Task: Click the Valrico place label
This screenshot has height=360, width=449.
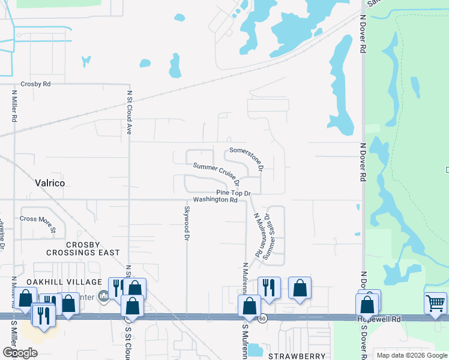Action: pos(50,182)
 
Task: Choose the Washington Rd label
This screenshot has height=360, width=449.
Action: pos(215,200)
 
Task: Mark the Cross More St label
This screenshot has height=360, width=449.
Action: pos(38,224)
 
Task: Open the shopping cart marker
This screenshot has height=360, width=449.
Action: pos(435,302)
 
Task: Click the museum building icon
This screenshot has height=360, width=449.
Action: pos(103,295)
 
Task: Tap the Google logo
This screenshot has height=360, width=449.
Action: pos(20,353)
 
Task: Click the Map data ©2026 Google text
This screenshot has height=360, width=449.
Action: pos(411,355)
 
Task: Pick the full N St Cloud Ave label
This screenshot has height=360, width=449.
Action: pos(128,112)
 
